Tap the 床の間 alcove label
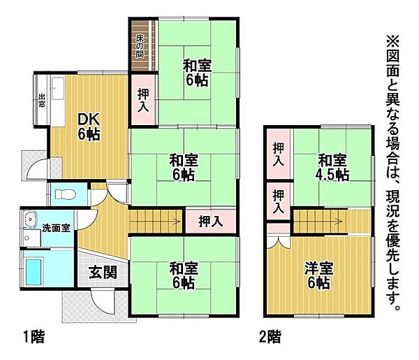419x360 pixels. pyautogui.click(x=140, y=46)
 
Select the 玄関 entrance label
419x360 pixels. pyautogui.click(x=103, y=273)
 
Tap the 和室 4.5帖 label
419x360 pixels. pyautogui.click(x=332, y=167)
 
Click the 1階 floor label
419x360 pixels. pyautogui.click(x=33, y=337)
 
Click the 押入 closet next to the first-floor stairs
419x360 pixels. pyautogui.click(x=210, y=222)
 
